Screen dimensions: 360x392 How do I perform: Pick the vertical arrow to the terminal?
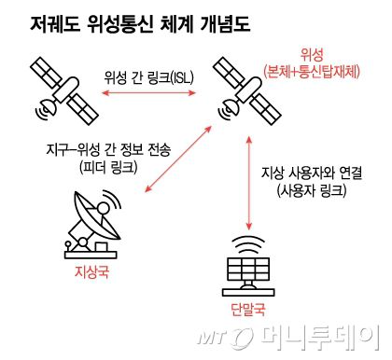pyautogui.click(x=248, y=183)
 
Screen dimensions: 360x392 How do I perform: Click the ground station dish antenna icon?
pyautogui.click(x=93, y=224)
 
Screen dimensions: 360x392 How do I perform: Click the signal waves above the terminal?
pyautogui.click(x=249, y=242)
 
